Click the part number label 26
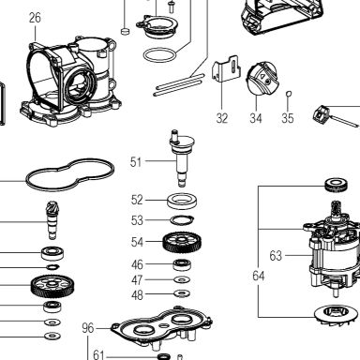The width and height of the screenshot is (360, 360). (35, 18)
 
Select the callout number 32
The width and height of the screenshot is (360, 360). (222, 118)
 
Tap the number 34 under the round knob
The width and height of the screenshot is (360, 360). (256, 118)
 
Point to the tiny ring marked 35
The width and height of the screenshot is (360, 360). (289, 93)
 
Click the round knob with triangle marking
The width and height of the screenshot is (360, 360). (262, 78)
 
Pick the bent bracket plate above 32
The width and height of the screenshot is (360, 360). (227, 69)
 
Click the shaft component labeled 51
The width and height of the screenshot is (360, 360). (182, 158)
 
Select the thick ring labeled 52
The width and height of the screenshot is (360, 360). (182, 202)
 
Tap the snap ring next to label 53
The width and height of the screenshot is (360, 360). (182, 220)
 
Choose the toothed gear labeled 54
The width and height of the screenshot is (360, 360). (182, 242)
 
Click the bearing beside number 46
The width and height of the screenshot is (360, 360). (182, 265)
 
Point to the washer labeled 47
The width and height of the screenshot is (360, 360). (182, 279)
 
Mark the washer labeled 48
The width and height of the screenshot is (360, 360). (182, 293)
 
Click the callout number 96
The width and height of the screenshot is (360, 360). (88, 328)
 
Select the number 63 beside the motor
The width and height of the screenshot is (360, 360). (276, 256)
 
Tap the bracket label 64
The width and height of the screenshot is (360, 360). (259, 276)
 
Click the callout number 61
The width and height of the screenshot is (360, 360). (98, 354)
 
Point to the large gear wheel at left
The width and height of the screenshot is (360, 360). (52, 286)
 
